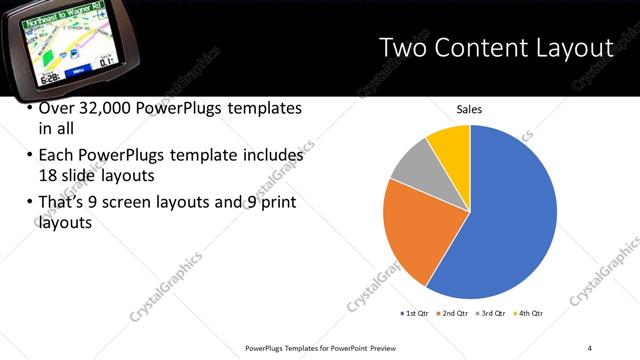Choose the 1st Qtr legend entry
(414, 314)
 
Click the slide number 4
(590, 347)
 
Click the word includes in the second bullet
(273, 156)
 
